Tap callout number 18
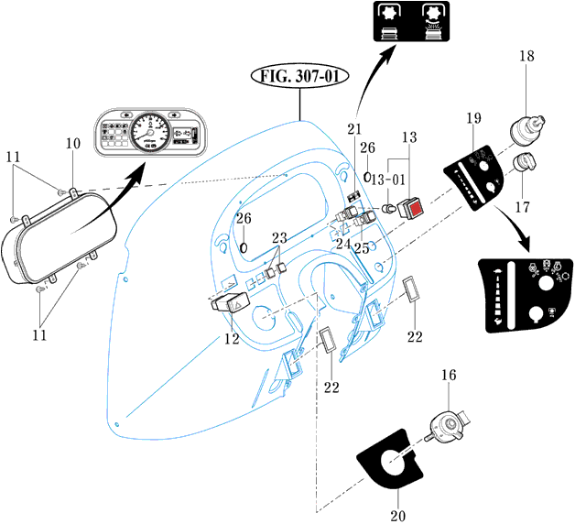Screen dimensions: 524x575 point(528,56)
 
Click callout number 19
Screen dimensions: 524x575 point(473,118)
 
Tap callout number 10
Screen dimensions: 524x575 point(72,144)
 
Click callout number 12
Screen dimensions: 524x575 point(233,340)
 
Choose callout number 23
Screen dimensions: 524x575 point(279,237)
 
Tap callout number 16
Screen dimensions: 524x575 point(448,376)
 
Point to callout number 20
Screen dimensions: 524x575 point(397,516)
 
